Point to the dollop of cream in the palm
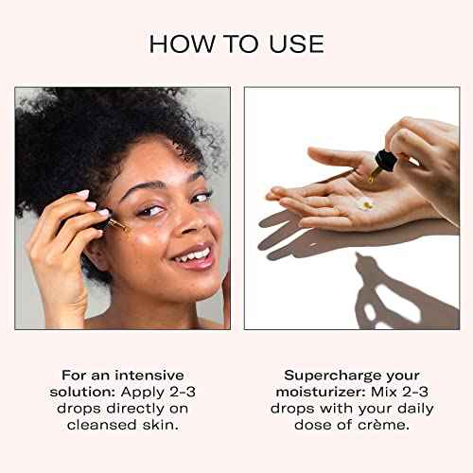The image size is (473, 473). click(x=365, y=201)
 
